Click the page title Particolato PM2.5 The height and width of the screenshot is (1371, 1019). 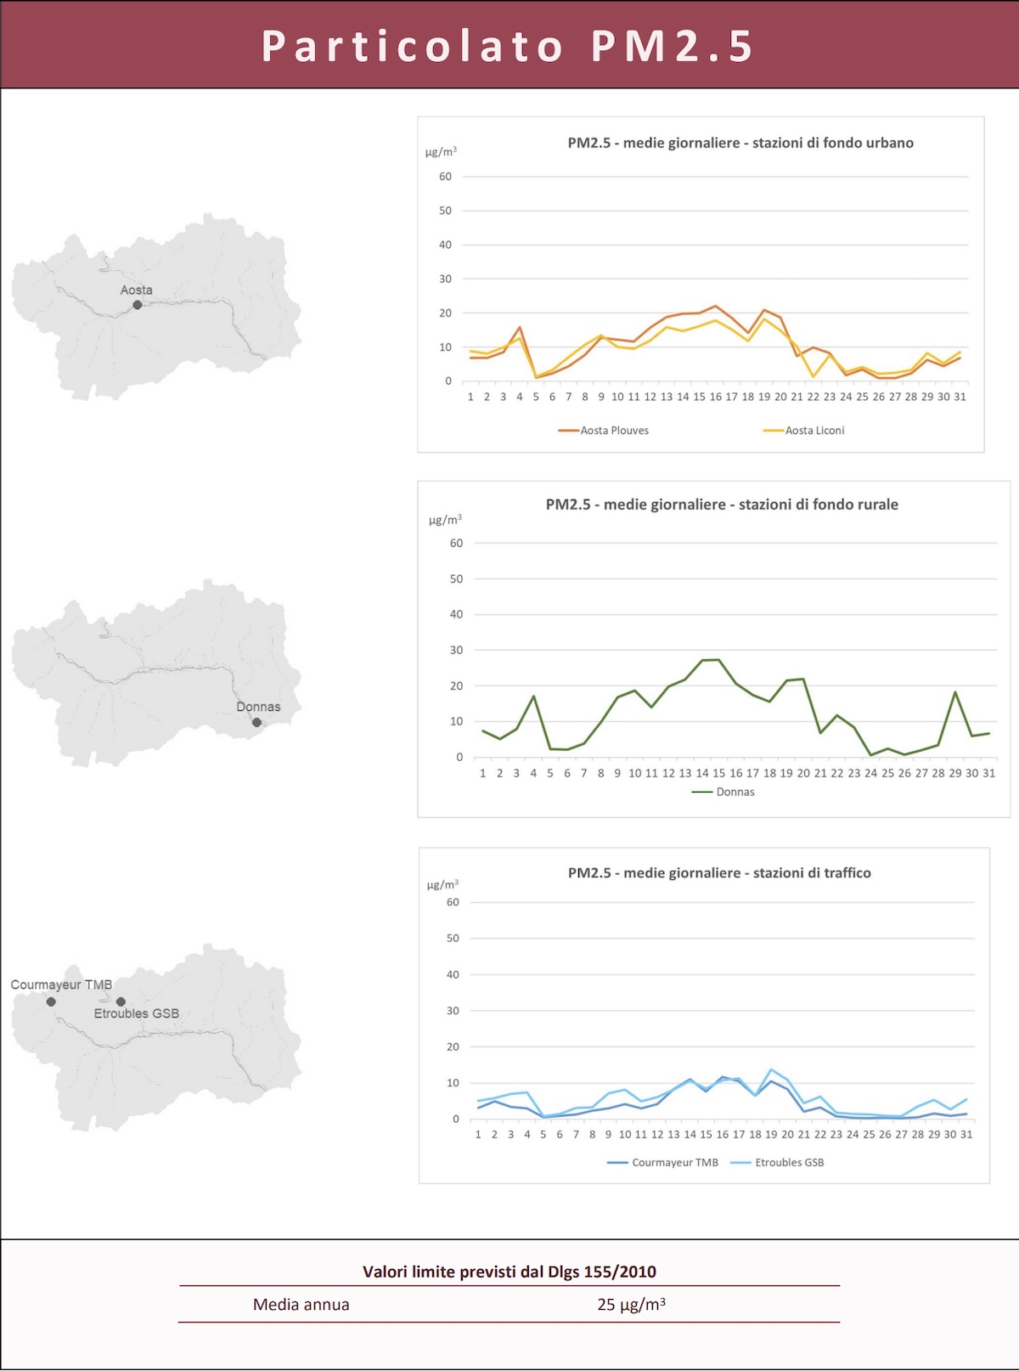[x=508, y=46]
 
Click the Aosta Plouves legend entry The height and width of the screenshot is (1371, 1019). [x=613, y=431]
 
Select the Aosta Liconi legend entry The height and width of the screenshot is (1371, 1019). [x=814, y=431]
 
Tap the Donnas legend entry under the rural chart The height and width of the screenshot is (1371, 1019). [x=734, y=792]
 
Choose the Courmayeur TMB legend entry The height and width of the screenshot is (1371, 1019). [x=673, y=1162]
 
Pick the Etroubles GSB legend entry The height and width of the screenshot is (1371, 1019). [x=788, y=1162]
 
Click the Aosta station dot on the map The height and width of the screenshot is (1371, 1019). [x=138, y=305]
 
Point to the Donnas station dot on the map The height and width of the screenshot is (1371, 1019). [x=256, y=723]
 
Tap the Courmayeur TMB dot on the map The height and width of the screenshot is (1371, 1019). [x=51, y=1002]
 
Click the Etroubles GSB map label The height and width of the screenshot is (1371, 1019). [x=137, y=1013]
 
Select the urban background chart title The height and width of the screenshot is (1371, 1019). [x=740, y=143]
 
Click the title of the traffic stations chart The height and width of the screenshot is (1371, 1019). [x=719, y=872]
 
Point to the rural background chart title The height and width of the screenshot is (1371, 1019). [x=722, y=505]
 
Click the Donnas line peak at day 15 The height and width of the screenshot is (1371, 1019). [x=719, y=660]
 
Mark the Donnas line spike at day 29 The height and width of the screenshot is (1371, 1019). [x=955, y=692]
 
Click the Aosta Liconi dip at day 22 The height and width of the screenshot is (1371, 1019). [x=814, y=376]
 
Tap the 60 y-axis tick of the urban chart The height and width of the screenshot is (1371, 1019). [x=445, y=177]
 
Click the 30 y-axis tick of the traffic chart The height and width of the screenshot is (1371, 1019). [x=453, y=1011]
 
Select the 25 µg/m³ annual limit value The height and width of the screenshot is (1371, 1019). [x=631, y=1305]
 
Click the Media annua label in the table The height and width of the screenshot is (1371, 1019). [x=301, y=1305]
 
